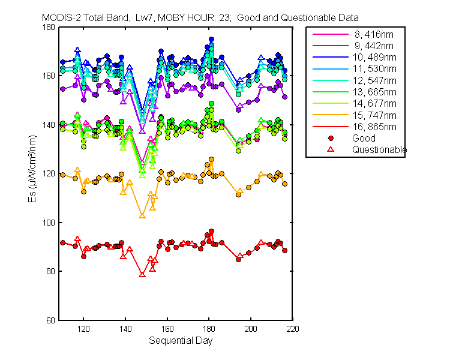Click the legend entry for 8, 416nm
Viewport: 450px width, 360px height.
coord(374,34)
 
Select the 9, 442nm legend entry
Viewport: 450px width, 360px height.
coord(374,46)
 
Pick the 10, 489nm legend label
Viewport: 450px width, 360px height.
coord(374,58)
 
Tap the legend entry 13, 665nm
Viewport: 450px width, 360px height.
coord(374,92)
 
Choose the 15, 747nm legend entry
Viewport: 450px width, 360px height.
coord(374,115)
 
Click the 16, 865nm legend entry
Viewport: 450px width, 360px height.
coord(374,127)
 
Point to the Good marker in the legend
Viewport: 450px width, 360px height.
coord(331,139)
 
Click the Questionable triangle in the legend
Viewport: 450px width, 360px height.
coord(331,149)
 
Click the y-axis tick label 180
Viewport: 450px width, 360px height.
coord(49,27)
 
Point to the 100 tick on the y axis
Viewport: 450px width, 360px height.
coord(49,223)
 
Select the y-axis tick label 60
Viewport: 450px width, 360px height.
coord(50,320)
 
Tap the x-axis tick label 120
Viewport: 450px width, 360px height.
coord(83,329)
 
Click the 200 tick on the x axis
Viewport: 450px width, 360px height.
coord(251,329)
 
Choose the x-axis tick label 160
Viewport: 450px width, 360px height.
coord(167,329)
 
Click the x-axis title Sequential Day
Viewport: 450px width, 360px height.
coord(181,341)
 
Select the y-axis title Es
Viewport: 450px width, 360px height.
coord(32,197)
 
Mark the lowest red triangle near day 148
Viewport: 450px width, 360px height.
coord(142,275)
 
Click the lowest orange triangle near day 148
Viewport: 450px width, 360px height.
coord(142,215)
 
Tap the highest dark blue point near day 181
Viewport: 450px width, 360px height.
coord(211,40)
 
